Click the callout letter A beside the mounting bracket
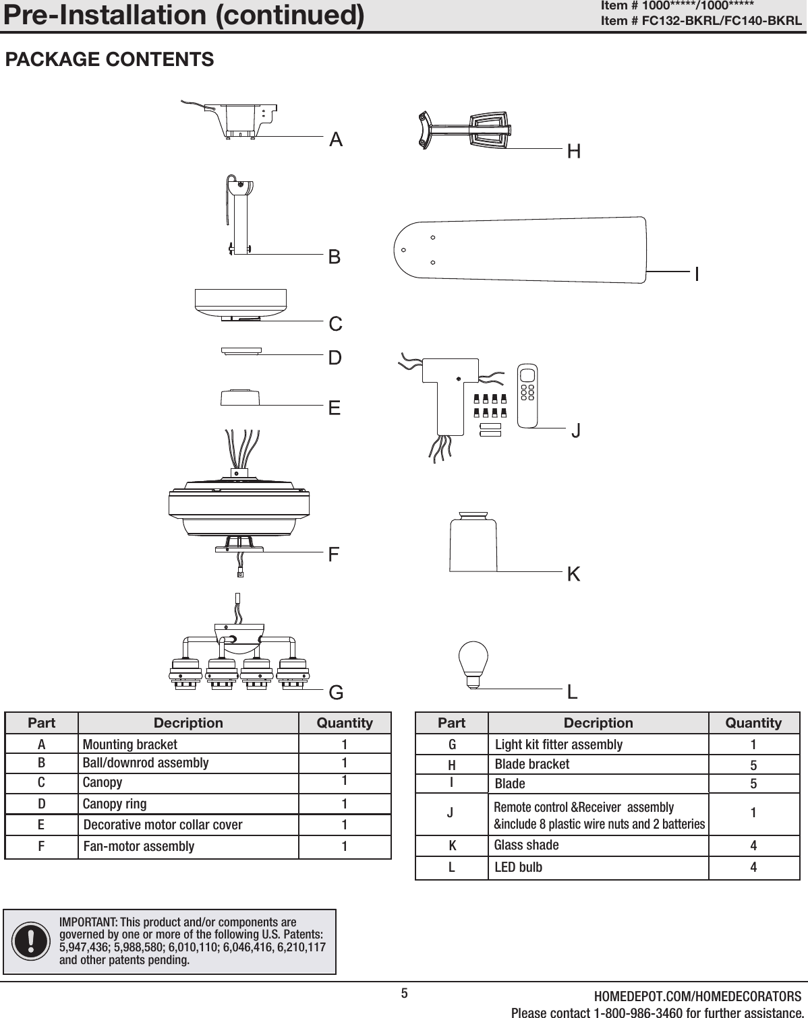coord(336,139)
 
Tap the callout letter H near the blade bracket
coord(573,152)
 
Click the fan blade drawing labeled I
coord(519,250)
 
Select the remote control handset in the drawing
coord(527,395)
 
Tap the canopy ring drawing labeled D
coord(241,350)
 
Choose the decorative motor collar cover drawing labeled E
coord(239,397)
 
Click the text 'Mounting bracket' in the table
coord(129,744)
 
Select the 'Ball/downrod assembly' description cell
coord(146,763)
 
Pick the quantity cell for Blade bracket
coord(753,765)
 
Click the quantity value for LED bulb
coord(753,867)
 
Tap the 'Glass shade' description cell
coord(527,845)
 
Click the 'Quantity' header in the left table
coord(345,723)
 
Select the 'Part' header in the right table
coord(451,723)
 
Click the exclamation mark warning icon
coord(30,941)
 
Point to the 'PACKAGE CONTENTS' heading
coord(109,59)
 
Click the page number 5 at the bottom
coord(404,993)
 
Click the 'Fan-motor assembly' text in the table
coord(139,846)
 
